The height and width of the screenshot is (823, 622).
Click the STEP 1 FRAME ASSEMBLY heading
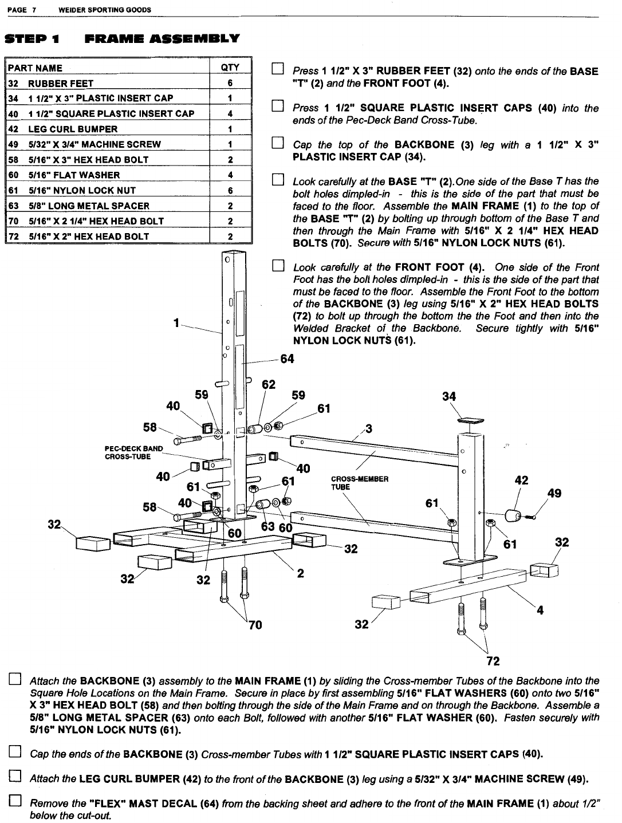121,40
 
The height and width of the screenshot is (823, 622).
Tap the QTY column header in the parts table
229,68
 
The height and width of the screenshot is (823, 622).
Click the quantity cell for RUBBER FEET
229,83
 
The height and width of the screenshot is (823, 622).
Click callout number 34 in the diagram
450,396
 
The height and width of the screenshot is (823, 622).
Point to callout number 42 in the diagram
521,481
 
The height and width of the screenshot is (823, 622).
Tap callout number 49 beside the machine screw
554,494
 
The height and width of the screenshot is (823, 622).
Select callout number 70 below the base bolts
255,625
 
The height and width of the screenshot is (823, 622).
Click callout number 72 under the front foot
493,661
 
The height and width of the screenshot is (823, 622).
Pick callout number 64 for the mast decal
287,359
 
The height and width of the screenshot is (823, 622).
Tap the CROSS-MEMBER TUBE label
360,483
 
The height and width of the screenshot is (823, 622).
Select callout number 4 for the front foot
539,611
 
